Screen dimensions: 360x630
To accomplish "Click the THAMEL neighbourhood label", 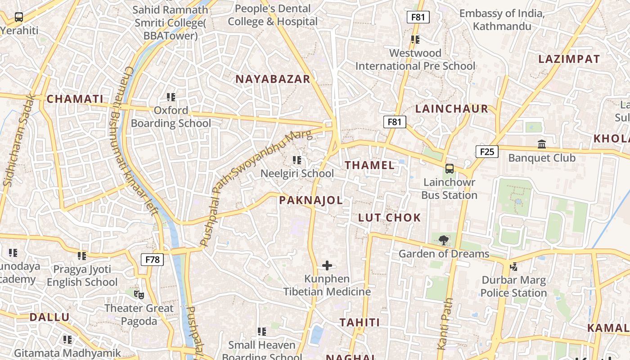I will (x=369, y=165).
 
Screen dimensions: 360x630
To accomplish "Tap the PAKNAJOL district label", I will (x=311, y=201).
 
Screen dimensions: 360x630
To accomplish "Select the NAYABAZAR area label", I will (x=273, y=79).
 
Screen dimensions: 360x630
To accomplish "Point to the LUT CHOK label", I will (x=389, y=218).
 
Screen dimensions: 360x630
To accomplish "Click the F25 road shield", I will (x=487, y=152).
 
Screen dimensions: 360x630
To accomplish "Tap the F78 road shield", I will (x=152, y=260).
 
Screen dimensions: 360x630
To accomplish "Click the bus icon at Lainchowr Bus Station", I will (x=449, y=169).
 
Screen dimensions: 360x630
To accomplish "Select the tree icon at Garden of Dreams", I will (x=443, y=240).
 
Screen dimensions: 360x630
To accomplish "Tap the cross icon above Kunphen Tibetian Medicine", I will (x=327, y=265).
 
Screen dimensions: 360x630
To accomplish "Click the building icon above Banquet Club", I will (x=542, y=144).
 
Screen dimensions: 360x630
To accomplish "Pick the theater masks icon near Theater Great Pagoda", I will (x=139, y=295).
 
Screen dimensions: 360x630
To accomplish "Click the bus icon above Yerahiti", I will (x=19, y=18).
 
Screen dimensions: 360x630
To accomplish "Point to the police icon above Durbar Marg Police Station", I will (x=513, y=267).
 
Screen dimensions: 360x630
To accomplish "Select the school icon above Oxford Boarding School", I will (x=171, y=97).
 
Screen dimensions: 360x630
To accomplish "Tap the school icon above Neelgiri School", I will (x=297, y=160).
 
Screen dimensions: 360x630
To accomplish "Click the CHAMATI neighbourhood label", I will (x=75, y=99).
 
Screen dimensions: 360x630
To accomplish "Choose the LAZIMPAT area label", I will (x=569, y=59).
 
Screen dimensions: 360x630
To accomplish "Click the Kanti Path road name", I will (x=444, y=323).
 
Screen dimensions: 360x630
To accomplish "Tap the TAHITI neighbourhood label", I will (x=360, y=323).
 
